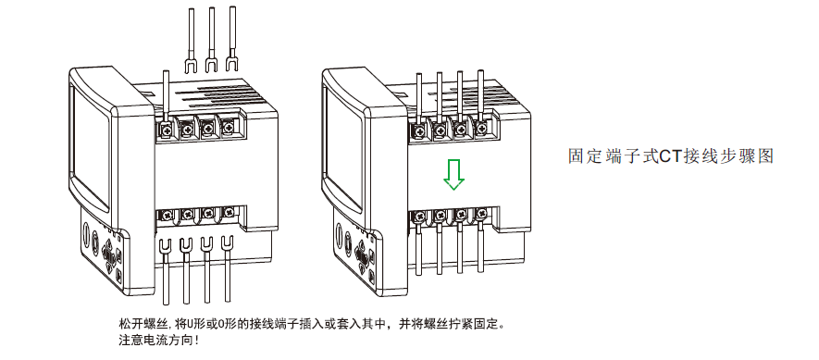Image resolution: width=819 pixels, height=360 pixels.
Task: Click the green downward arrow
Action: [x=453, y=175]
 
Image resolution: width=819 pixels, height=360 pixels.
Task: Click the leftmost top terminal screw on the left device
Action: [x=166, y=127]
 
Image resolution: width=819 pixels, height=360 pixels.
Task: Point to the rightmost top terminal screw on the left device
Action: [x=228, y=126]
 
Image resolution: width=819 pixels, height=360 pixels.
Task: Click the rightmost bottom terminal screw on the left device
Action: [x=229, y=212]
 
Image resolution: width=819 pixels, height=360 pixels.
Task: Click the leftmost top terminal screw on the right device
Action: [x=419, y=129]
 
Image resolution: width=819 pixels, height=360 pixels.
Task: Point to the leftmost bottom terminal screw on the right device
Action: [x=419, y=215]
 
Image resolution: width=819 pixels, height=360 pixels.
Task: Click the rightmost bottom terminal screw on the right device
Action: [x=481, y=213]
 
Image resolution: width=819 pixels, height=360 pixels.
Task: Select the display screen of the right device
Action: [x=343, y=148]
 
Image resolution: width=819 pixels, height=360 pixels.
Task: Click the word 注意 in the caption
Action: [x=128, y=341]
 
